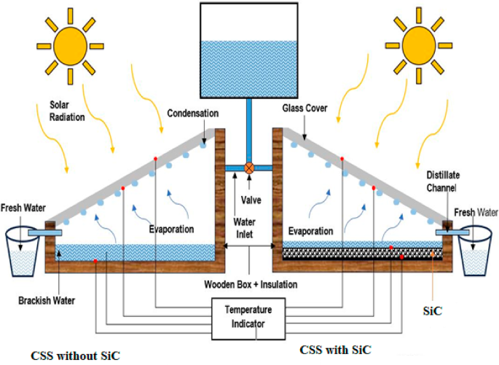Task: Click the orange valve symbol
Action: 249,168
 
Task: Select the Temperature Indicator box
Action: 249,318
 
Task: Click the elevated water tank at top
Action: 249,50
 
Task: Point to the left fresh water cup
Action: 22,252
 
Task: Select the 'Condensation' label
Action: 192,114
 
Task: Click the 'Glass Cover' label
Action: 306,108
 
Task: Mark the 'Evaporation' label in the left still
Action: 172,229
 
